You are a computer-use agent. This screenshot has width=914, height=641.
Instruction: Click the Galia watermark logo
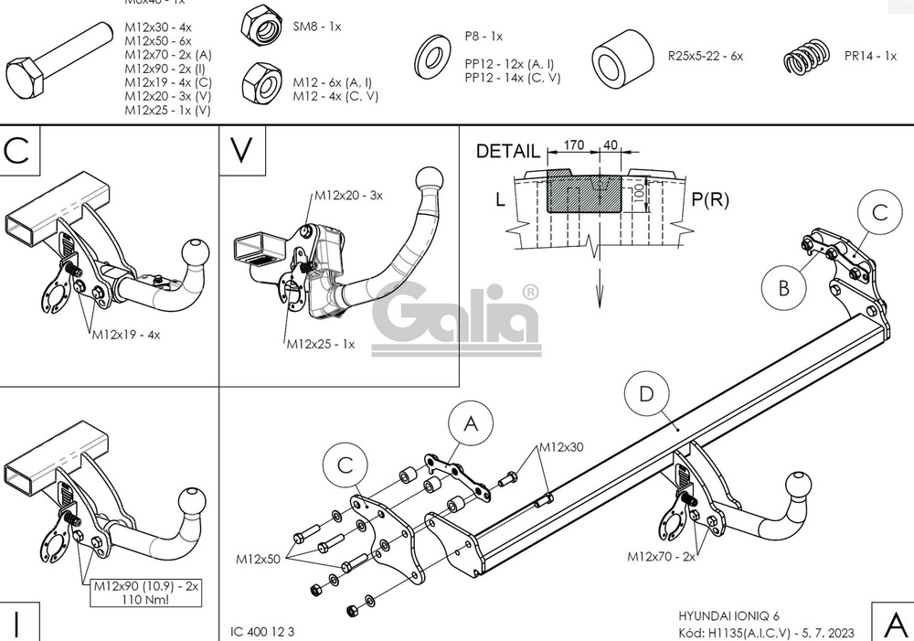tap(455, 318)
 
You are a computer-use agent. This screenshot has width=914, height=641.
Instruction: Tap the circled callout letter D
tap(647, 394)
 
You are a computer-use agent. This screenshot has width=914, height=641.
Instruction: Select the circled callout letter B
tap(784, 288)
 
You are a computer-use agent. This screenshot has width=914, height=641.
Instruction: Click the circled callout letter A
tap(471, 423)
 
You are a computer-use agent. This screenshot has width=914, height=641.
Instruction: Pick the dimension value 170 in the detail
tap(574, 144)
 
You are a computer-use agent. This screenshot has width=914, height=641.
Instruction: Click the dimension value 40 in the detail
tap(611, 144)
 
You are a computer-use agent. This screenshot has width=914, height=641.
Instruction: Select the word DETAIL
tap(508, 152)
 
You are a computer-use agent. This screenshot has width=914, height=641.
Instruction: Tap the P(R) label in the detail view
tap(709, 199)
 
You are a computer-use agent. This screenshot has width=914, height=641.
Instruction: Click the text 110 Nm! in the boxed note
tap(146, 600)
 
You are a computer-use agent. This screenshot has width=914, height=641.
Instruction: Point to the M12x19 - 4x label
tap(125, 335)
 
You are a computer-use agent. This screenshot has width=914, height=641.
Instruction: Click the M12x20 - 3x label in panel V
tap(348, 196)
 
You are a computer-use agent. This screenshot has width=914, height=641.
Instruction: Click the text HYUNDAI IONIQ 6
tap(728, 615)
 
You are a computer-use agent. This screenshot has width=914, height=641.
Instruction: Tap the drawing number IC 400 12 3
tap(262, 631)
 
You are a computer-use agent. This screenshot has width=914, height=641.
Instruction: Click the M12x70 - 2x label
tap(661, 555)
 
